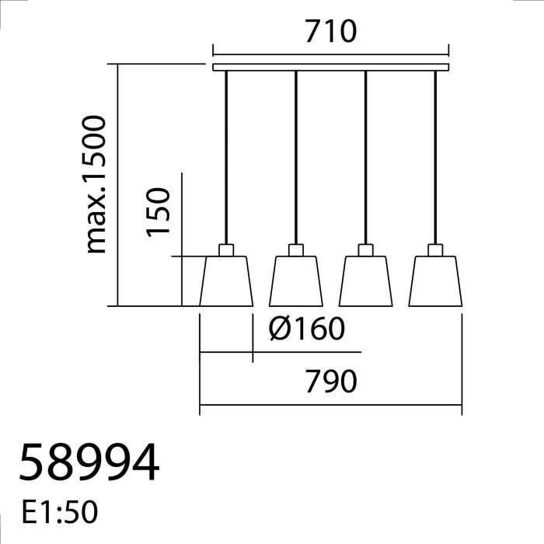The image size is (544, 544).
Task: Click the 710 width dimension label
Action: (331, 31)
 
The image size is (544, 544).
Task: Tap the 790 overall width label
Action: (331, 382)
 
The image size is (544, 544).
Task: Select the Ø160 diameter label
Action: (307, 328)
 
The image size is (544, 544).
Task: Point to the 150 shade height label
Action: (159, 212)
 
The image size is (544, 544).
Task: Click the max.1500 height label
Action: (94, 184)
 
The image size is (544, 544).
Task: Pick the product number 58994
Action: (89, 462)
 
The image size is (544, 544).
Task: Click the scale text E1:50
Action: (60, 512)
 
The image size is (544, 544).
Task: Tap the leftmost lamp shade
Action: (226, 281)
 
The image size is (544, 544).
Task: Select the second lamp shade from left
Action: (296, 281)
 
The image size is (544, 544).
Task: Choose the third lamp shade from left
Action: (366, 281)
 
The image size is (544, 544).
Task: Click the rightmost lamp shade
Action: (435, 281)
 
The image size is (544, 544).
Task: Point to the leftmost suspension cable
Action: (226, 158)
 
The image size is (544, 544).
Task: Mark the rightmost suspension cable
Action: (435, 158)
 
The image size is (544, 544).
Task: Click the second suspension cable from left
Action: (296, 158)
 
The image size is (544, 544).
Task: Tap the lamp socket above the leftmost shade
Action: (226, 250)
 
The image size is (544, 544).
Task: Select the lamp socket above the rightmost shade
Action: (435, 250)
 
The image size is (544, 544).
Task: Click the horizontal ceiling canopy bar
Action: (331, 68)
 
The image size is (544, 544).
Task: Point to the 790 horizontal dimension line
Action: (331, 405)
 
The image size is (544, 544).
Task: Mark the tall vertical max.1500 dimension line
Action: (117, 185)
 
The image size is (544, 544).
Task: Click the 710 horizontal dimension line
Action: (331, 54)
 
